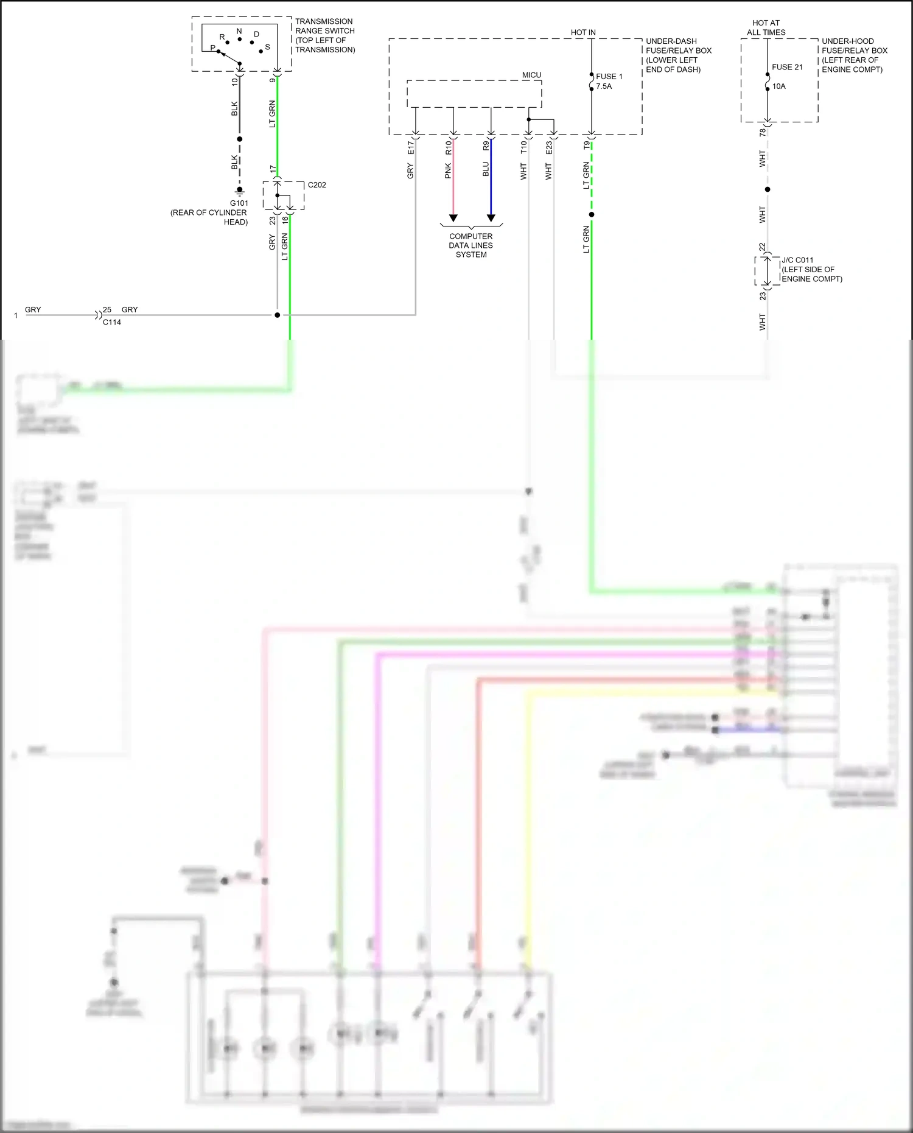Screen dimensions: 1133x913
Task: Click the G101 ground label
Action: coord(239,203)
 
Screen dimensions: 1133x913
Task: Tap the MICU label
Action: coord(531,75)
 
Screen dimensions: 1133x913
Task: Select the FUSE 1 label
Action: coord(609,77)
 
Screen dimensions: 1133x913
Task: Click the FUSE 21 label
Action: coord(787,67)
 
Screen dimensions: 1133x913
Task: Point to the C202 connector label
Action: coord(317,185)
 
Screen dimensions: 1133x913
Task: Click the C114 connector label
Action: coord(112,322)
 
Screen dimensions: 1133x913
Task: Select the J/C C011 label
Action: coord(797,260)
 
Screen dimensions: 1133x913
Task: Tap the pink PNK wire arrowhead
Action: coord(453,218)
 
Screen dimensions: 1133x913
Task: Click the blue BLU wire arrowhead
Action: coord(491,218)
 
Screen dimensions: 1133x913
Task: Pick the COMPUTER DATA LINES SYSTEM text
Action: coord(471,245)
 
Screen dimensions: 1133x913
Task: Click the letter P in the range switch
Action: coord(212,47)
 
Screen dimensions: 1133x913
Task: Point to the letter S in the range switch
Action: coord(267,47)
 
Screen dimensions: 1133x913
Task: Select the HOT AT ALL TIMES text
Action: coord(766,27)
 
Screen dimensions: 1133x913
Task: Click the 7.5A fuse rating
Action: coord(604,86)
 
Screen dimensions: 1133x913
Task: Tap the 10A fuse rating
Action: coord(779,86)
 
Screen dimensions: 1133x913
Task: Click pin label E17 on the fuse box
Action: coord(410,148)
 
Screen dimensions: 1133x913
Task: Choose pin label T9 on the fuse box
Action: coord(587,146)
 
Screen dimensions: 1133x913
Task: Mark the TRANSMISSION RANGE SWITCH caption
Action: coord(325,35)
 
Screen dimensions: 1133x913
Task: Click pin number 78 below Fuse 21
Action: coord(763,132)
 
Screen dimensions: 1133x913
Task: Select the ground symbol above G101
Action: coord(239,191)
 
